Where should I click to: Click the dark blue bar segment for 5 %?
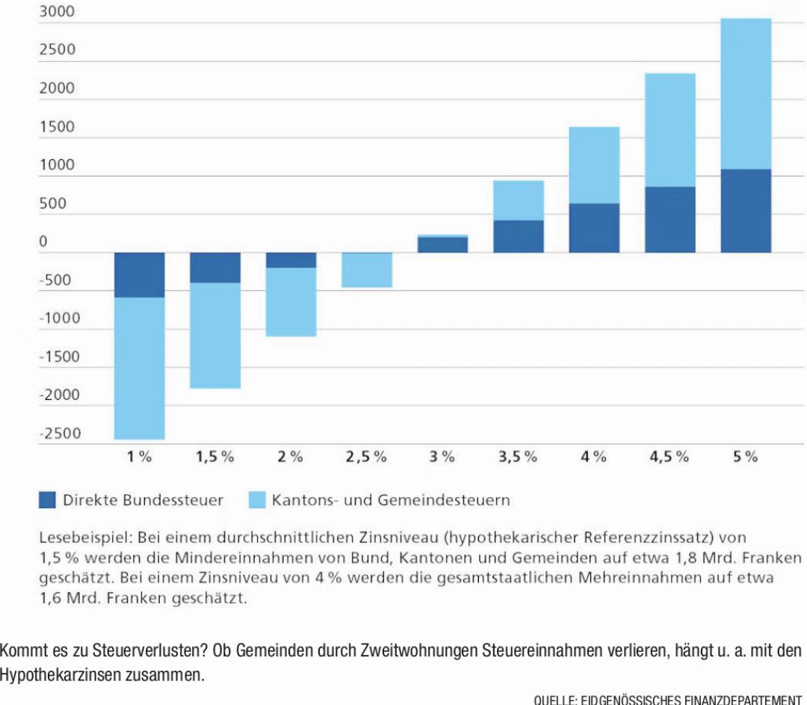746,211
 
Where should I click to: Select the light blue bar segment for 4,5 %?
670,130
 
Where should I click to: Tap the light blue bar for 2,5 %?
367,270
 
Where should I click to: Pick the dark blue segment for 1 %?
140,275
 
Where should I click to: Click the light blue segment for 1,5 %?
215,335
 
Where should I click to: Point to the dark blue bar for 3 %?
442,244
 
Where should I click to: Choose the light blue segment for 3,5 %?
519,201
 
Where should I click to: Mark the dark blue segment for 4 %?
594,228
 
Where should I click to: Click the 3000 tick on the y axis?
57,11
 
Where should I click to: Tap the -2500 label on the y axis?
61,434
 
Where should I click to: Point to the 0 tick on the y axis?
43,241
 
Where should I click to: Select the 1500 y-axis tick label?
57,126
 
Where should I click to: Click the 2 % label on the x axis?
290,457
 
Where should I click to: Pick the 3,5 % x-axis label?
518,457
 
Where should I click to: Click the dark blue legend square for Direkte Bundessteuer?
47,500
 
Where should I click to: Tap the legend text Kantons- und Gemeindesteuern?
391,500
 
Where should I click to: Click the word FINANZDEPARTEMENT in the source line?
742,700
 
